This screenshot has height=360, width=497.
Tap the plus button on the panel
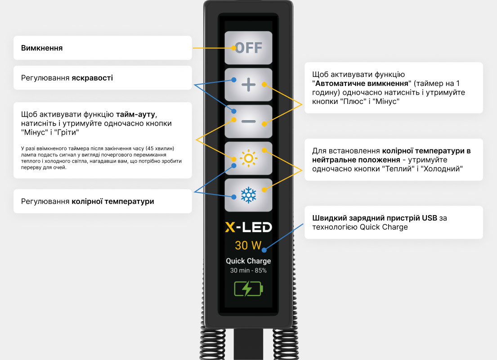click(248, 85)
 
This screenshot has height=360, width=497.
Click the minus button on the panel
click(248, 121)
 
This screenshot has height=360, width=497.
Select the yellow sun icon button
click(248, 158)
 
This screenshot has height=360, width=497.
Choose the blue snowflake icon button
click(248, 195)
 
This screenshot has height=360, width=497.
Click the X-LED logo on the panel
click(248, 227)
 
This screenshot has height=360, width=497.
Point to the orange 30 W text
click(248, 246)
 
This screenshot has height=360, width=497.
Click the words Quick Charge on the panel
click(248, 261)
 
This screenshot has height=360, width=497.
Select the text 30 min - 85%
click(248, 270)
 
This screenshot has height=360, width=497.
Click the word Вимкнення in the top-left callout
click(42, 48)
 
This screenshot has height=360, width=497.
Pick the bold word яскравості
click(92, 78)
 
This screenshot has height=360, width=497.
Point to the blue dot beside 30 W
click(265, 249)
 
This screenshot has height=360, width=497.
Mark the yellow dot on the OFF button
click(234, 47)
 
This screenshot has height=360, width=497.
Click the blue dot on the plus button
click(234, 80)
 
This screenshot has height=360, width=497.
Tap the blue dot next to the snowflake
click(234, 197)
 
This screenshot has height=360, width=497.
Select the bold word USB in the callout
click(429, 218)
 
